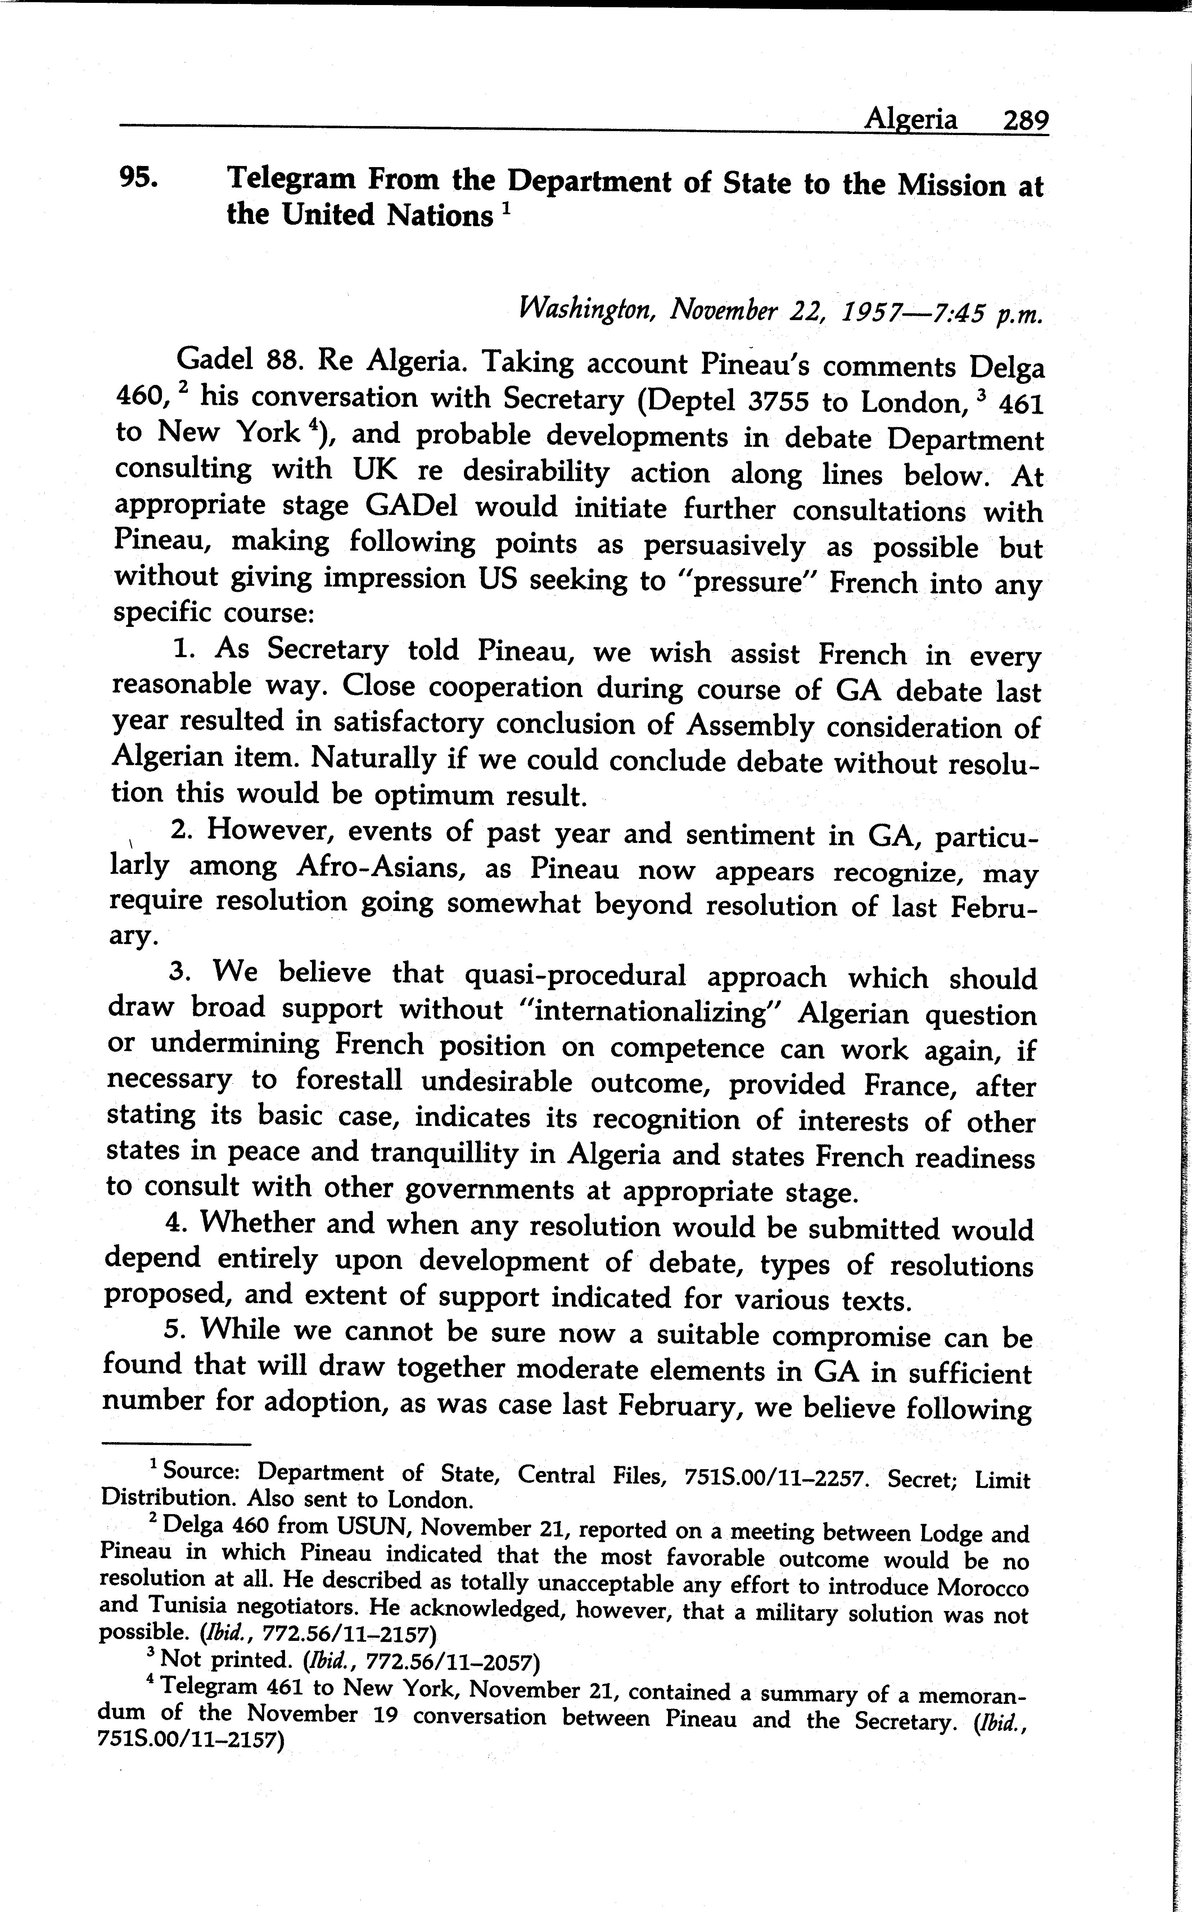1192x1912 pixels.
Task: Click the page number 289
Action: (x=1025, y=121)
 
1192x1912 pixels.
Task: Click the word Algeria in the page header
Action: (x=911, y=119)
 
